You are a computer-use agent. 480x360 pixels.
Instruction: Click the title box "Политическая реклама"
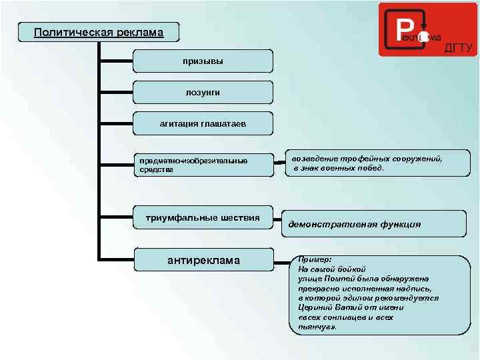99,32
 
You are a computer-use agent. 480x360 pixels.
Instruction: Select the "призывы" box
203,61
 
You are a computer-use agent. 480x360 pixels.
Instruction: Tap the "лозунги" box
203,92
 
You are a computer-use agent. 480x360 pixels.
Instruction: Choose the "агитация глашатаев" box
203,123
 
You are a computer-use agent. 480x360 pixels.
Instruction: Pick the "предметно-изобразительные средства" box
203,165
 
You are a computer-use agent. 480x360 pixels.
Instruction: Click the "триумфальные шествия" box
203,218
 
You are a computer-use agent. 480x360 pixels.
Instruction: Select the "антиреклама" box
203,260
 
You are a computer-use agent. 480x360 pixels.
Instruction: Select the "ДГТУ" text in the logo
458,47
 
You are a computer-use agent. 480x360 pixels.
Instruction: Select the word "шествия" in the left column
239,218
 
